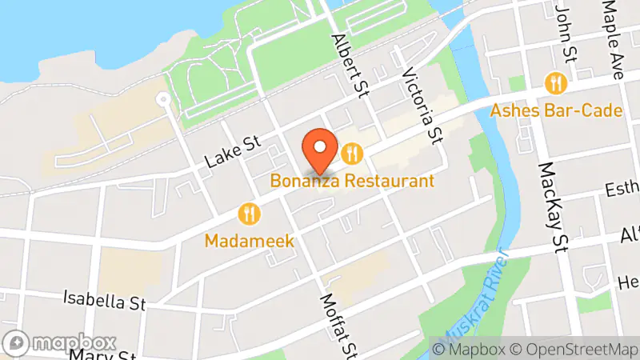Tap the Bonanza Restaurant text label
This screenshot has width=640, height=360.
[x=352, y=181]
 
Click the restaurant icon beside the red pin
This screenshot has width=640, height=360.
[x=351, y=152]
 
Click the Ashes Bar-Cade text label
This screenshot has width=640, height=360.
[x=557, y=110]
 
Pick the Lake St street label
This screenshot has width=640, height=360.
[x=233, y=151]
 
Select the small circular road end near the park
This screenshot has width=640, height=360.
[x=163, y=100]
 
